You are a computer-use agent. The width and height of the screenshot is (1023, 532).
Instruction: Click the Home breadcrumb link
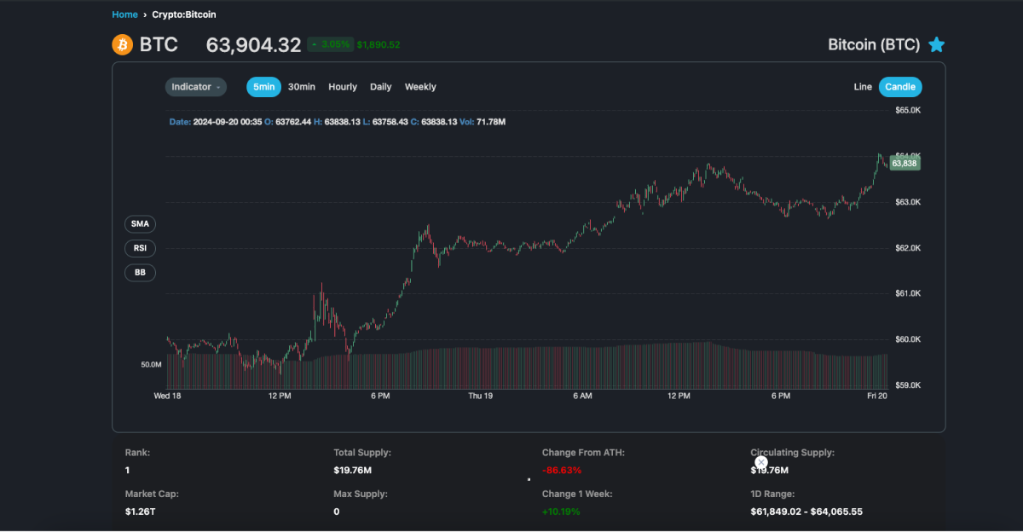tap(124, 14)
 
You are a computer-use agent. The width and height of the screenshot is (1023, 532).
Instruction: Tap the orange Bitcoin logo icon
tap(123, 44)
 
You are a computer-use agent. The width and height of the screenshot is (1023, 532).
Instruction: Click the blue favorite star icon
tap(936, 45)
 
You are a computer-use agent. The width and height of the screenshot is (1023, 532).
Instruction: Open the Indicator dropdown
tap(196, 87)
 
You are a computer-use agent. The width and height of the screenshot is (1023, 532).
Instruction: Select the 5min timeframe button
tap(263, 87)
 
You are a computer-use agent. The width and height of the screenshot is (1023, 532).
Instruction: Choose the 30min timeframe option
tap(302, 87)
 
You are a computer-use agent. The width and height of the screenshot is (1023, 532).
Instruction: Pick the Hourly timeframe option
tap(343, 87)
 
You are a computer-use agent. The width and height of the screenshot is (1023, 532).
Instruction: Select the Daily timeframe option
tap(381, 87)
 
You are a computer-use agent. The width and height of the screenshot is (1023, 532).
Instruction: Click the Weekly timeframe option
tap(420, 87)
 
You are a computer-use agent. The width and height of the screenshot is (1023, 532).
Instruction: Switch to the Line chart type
tap(863, 87)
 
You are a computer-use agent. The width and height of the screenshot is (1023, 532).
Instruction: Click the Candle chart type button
tap(900, 87)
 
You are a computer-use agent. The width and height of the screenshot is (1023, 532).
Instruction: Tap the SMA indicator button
tap(140, 224)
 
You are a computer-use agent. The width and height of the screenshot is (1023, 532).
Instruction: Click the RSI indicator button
tap(140, 249)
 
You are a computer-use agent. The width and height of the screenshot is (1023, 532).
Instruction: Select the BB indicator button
tap(140, 273)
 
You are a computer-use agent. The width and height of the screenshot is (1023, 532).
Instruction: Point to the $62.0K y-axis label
tap(908, 248)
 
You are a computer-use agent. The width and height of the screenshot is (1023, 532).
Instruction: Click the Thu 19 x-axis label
tap(480, 396)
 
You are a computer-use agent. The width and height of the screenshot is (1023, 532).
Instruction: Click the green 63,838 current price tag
tap(905, 163)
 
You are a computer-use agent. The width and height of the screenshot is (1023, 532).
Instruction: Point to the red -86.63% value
tap(561, 471)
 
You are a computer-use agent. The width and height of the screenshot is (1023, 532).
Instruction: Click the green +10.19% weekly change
tap(562, 512)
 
